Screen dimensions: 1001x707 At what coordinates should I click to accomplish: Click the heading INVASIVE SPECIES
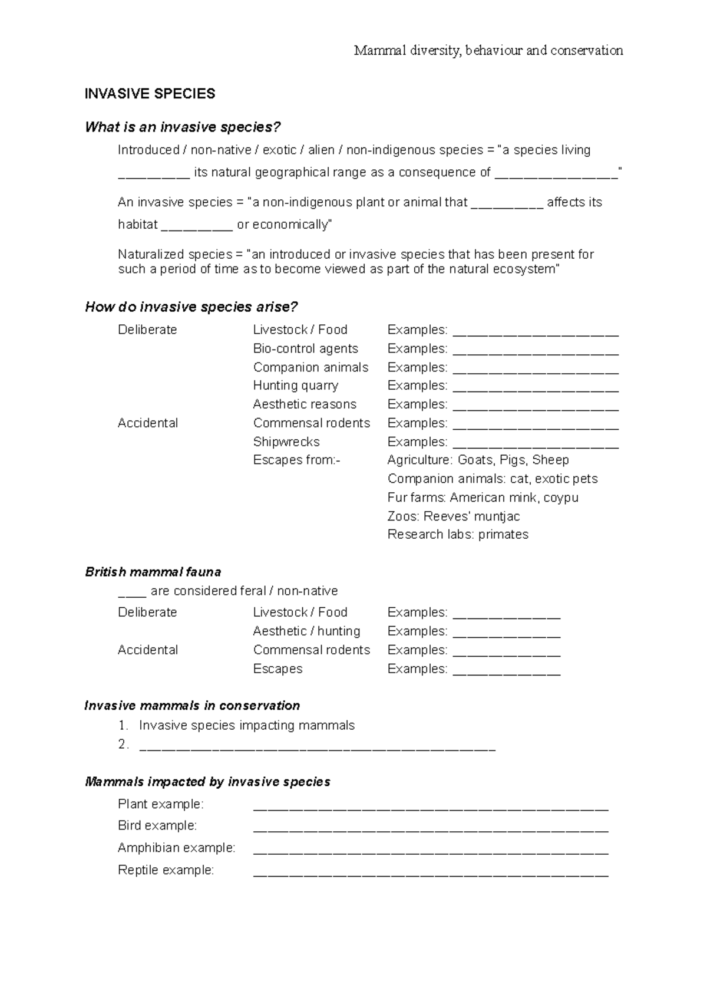coord(150,94)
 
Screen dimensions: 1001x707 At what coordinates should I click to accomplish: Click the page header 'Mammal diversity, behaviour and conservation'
coord(488,51)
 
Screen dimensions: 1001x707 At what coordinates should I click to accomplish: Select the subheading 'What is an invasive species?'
coord(183,127)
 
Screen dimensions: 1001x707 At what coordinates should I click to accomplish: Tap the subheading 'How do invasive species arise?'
coord(191,307)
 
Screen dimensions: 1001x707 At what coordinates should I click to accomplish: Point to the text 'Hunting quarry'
coord(295,386)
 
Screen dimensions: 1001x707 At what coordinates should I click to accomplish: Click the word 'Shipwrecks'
coord(286,442)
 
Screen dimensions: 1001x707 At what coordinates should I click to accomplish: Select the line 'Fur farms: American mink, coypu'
coord(483,498)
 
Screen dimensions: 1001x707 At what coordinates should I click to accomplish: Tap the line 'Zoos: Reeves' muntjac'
coord(453,516)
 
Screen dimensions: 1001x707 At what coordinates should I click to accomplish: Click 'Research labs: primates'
coord(458,535)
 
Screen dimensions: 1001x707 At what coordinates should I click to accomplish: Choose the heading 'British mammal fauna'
coord(153,572)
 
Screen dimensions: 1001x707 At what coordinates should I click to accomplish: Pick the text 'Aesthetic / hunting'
coord(306,631)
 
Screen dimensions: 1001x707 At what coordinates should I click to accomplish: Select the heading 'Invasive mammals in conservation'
coord(192,706)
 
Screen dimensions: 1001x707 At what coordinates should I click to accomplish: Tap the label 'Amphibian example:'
coord(176,848)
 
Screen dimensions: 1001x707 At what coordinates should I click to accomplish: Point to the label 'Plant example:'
coord(160,804)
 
